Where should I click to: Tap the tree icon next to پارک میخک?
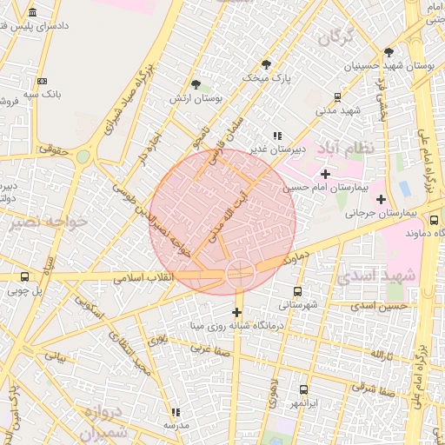pos(266,63)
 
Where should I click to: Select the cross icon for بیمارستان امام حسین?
pos(326,174)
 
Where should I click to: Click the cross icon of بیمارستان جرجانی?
pos(381,199)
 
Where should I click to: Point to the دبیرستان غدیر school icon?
pos(276,136)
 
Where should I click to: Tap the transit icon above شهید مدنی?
pos(338,97)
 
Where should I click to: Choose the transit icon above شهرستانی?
pos(298,291)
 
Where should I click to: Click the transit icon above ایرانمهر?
pos(303,390)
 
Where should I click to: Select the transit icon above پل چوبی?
pos(24,278)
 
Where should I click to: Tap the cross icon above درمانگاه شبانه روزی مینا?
pos(236,311)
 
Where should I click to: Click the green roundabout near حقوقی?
pos(83,156)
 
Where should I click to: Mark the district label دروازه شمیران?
pos(96,421)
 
